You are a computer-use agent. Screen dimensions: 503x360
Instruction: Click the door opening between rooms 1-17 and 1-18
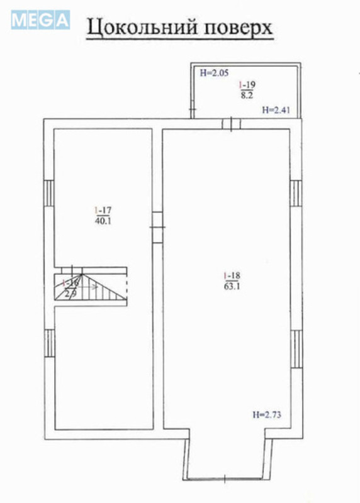coord(158,226)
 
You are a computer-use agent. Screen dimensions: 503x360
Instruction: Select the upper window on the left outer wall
coord(48,192)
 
